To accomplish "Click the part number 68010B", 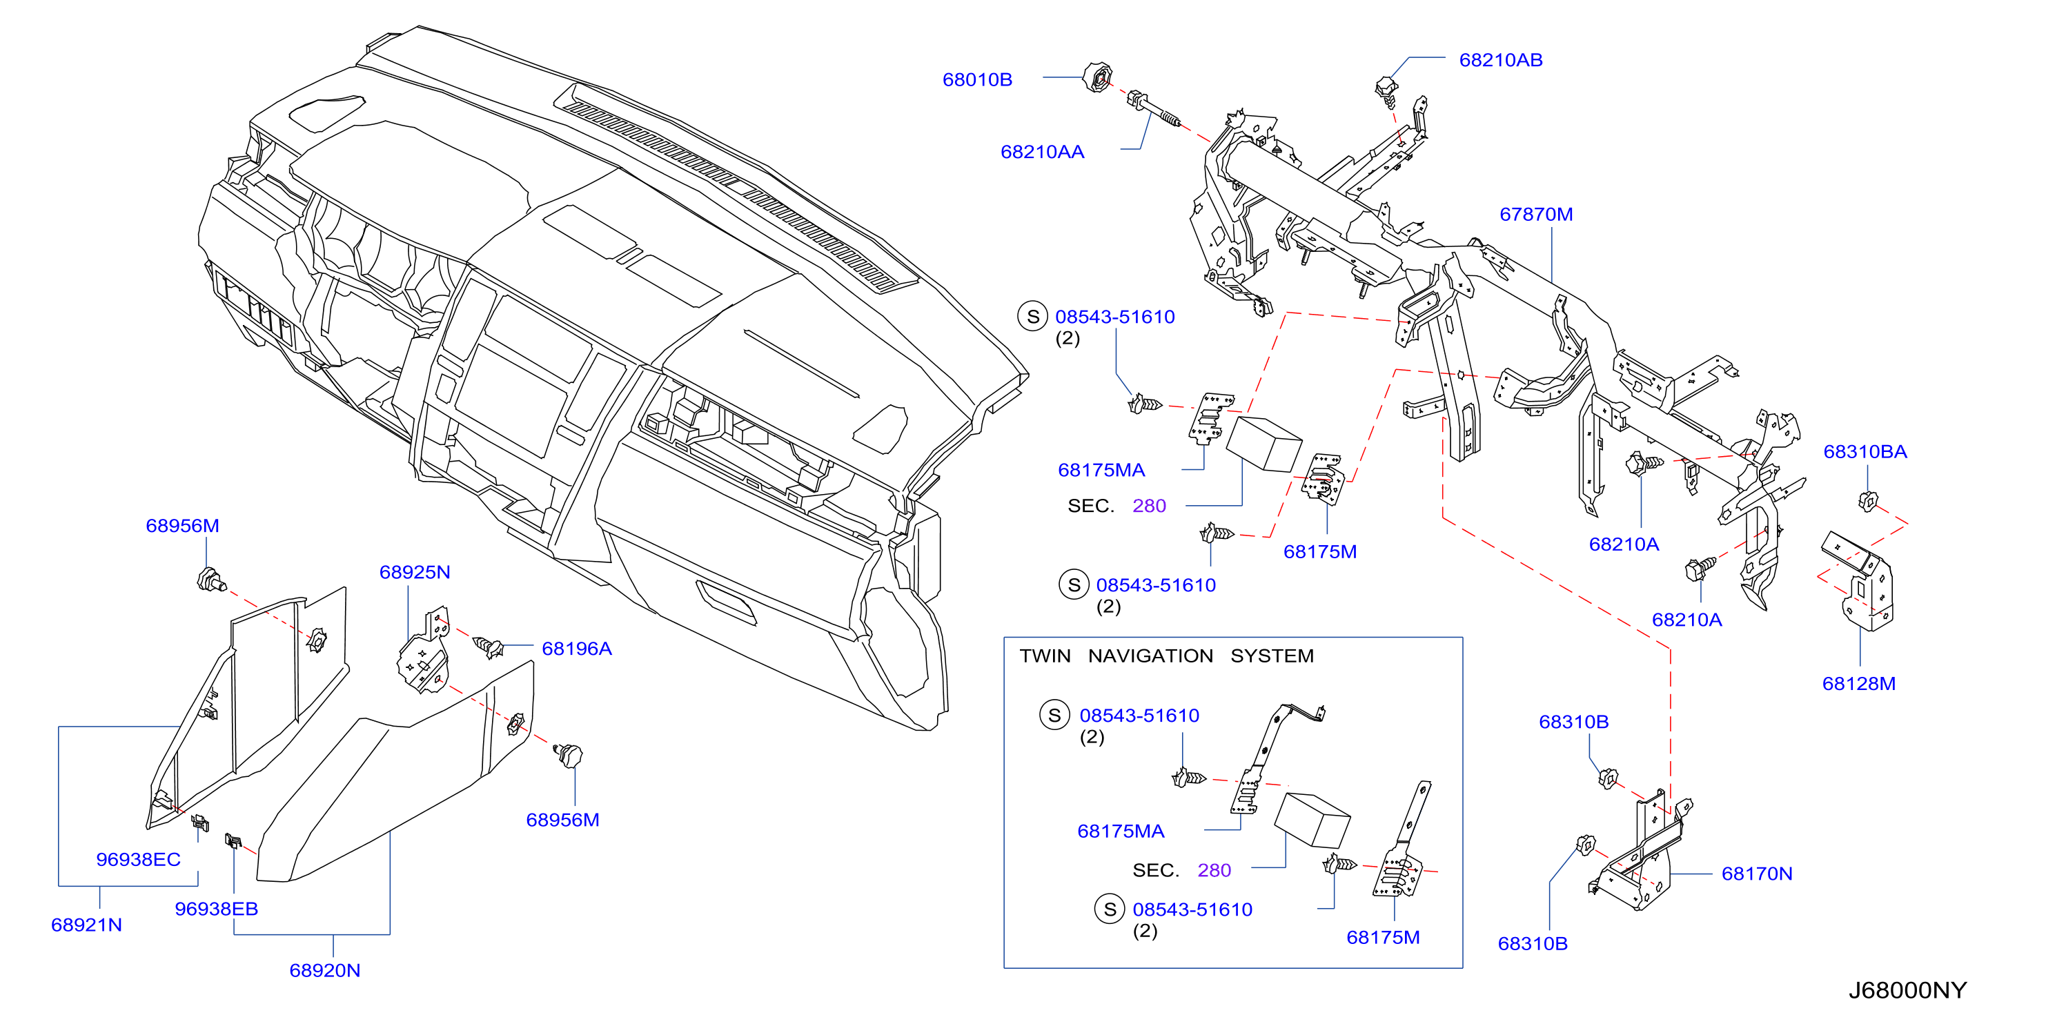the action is pyautogui.click(x=977, y=79).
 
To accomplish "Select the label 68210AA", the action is pyautogui.click(x=1042, y=152).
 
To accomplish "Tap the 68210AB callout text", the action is pyautogui.click(x=1500, y=59).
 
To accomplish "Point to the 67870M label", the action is pyautogui.click(x=1535, y=214).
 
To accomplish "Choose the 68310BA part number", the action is pyautogui.click(x=1865, y=451).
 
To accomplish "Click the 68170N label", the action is pyautogui.click(x=1757, y=873).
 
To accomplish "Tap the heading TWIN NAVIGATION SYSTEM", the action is pyautogui.click(x=1167, y=656).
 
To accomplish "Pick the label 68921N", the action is pyautogui.click(x=86, y=925).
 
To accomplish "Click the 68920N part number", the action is pyautogui.click(x=325, y=970).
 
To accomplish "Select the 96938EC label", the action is pyautogui.click(x=138, y=859).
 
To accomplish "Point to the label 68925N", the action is pyautogui.click(x=415, y=572).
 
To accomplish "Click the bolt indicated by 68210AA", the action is pyautogui.click(x=1153, y=110).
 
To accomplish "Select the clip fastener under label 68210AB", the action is pyautogui.click(x=1387, y=91).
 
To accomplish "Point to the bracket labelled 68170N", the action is pyautogui.click(x=1640, y=854).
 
